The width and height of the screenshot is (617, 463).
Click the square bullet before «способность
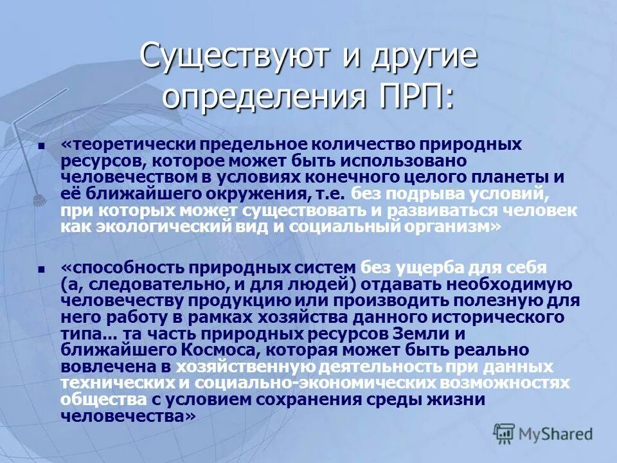42,269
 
